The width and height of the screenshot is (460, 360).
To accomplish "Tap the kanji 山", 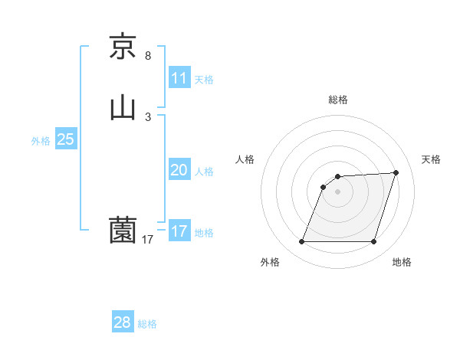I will [123, 108].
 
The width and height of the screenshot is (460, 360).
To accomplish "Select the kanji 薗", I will [123, 229].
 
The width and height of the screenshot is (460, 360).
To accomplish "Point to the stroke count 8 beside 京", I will [148, 56].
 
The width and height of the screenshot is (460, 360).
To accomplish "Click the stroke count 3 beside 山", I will [148, 117].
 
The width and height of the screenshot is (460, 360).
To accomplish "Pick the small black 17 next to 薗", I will [148, 240].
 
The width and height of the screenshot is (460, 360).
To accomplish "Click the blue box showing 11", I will [179, 78].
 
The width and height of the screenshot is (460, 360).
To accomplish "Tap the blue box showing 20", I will [179, 170].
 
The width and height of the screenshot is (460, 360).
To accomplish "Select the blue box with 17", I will [179, 231].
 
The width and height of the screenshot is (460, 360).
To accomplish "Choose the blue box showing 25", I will [66, 139].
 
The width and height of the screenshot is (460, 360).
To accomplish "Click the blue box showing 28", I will [123, 322].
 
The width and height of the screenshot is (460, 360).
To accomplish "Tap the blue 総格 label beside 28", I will [147, 324].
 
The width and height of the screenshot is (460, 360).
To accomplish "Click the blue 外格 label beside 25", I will [41, 141].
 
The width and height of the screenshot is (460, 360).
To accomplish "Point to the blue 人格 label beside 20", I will [205, 172].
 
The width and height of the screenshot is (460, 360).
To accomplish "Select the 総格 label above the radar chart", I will [338, 100].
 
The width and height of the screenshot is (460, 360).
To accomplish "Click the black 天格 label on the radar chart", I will [432, 159].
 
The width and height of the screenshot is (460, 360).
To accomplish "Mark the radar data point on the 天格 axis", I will [396, 173].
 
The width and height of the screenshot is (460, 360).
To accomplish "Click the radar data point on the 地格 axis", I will [374, 242].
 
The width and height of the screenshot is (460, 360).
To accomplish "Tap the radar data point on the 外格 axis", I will [302, 242].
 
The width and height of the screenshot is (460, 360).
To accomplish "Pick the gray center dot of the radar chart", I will [338, 191].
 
